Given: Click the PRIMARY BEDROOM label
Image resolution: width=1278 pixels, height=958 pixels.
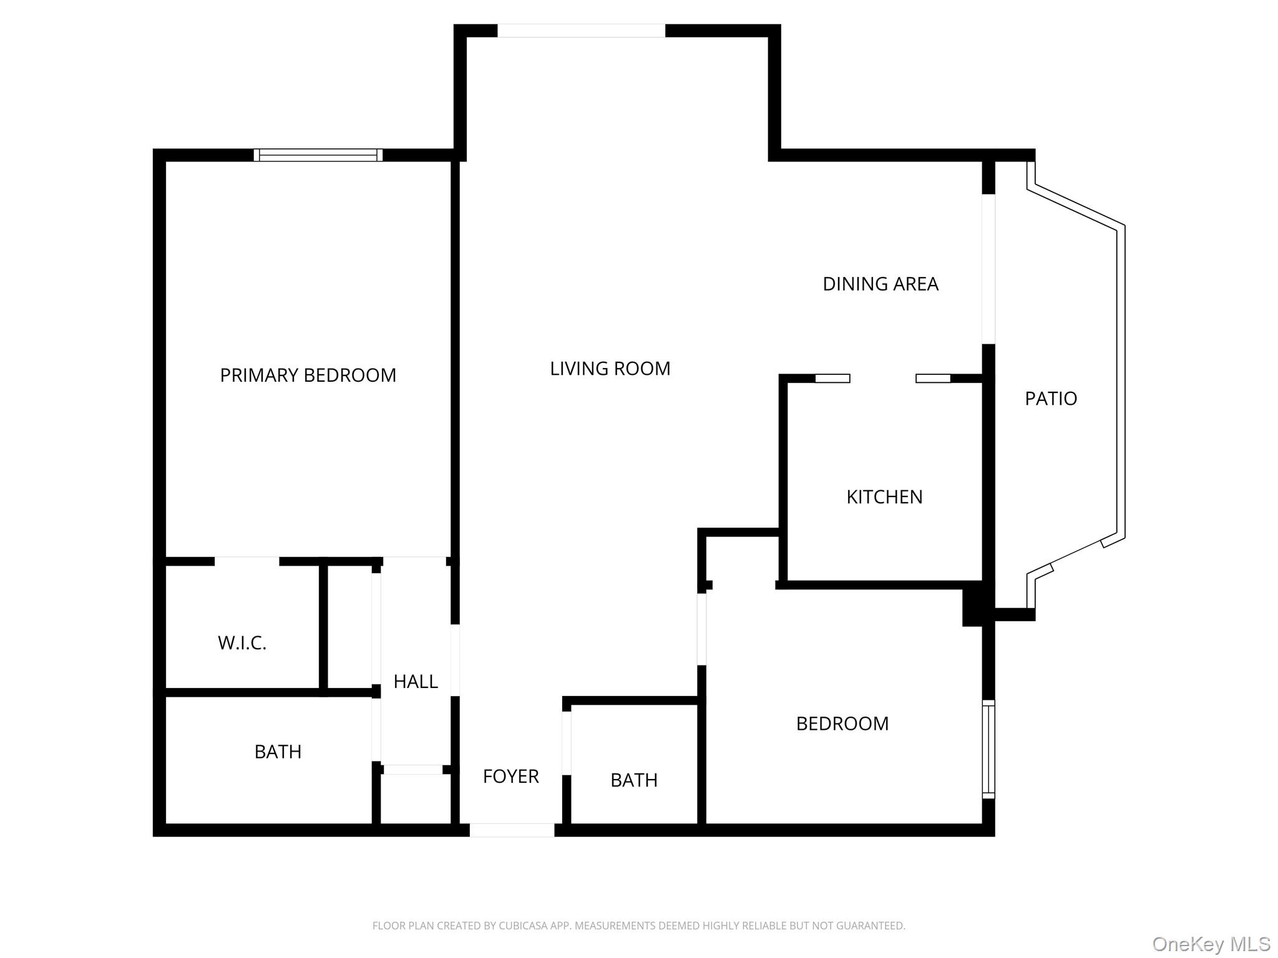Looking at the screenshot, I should pyautogui.click(x=308, y=375).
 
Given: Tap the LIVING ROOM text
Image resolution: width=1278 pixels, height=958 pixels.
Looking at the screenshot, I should pyautogui.click(x=610, y=369).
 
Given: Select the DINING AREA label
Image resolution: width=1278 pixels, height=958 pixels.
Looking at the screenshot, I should pyautogui.click(x=880, y=284).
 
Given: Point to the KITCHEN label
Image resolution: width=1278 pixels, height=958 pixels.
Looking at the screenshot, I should pyautogui.click(x=884, y=497).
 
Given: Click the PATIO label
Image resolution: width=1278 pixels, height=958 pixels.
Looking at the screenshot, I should pyautogui.click(x=1050, y=399).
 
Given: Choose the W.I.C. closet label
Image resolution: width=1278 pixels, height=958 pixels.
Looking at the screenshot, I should pyautogui.click(x=242, y=643).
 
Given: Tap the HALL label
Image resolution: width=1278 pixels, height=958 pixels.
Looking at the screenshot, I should pyautogui.click(x=416, y=682).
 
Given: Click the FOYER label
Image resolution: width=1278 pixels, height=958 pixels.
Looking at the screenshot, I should pyautogui.click(x=510, y=777).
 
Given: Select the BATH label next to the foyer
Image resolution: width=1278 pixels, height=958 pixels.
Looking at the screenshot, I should pyautogui.click(x=633, y=780).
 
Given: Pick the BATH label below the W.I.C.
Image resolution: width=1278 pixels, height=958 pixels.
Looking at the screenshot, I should pyautogui.click(x=278, y=752).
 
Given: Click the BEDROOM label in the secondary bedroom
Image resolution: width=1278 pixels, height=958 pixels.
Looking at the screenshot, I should pyautogui.click(x=842, y=723).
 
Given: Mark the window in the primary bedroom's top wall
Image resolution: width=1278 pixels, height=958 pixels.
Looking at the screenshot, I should pyautogui.click(x=318, y=155).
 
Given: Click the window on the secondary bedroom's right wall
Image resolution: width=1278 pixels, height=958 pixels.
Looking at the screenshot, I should pyautogui.click(x=988, y=749).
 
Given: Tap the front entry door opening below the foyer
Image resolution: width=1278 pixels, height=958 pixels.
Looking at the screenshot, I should pyautogui.click(x=512, y=830).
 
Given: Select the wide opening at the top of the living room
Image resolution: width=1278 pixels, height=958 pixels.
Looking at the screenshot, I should pyautogui.click(x=581, y=31).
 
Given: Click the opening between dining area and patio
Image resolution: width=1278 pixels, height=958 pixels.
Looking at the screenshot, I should pyautogui.click(x=988, y=269).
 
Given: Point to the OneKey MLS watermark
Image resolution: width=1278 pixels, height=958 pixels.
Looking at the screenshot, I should pyautogui.click(x=1211, y=944).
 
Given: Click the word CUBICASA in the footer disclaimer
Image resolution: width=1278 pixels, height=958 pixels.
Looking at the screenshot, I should pyautogui.click(x=522, y=926).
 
